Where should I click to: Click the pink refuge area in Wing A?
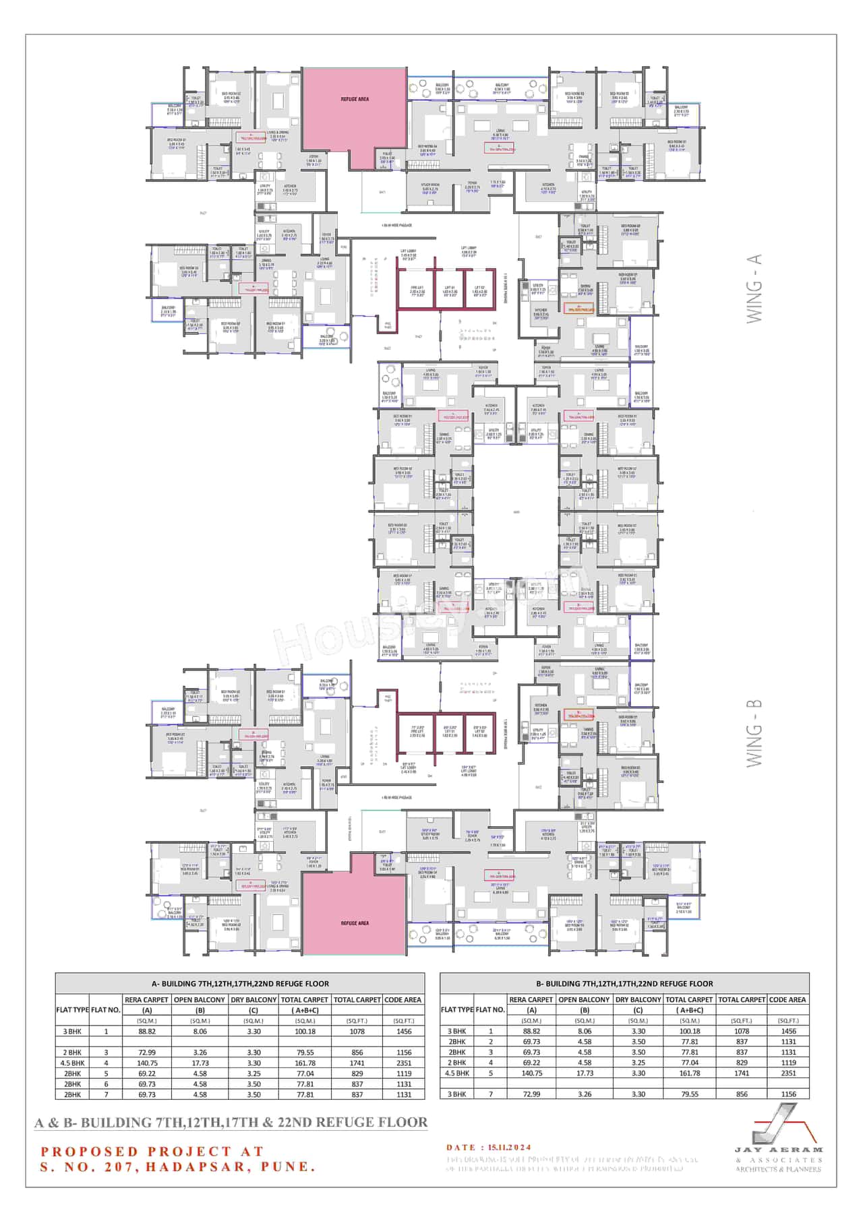tap(353, 108)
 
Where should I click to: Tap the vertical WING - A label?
tap(754, 288)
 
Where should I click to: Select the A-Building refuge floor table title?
tap(240, 983)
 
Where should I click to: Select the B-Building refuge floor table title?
tap(624, 983)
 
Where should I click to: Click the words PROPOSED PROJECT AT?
tap(152, 1151)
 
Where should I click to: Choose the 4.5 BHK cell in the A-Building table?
tap(72, 1063)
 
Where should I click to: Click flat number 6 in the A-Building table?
tap(106, 1084)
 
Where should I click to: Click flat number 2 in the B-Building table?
tap(490, 1042)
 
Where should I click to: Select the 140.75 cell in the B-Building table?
tap(531, 1073)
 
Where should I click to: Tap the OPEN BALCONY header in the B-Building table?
tap(585, 999)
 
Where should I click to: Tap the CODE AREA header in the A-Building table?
tap(404, 999)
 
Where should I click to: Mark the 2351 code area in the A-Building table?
tap(404, 1063)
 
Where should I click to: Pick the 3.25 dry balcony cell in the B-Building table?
tap(638, 1063)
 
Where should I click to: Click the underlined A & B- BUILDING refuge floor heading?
tap(231, 1122)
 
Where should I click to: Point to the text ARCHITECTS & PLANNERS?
tap(778, 1169)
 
